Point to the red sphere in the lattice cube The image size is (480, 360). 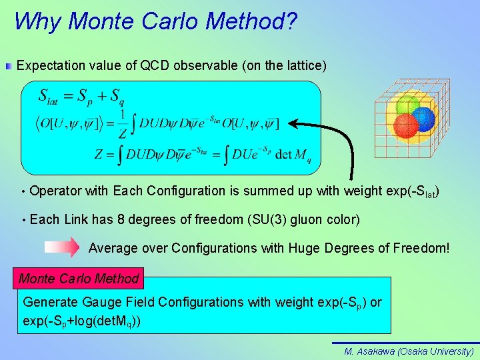[x=405, y=125]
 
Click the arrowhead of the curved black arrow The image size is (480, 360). [x=293, y=124]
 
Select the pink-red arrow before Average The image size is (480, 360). [x=62, y=248]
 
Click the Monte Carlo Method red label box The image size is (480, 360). [x=79, y=279]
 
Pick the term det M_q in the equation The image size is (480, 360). [x=293, y=155]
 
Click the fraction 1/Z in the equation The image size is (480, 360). [x=123, y=124]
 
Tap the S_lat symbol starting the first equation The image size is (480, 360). [x=49, y=97]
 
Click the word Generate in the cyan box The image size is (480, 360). [x=50, y=302]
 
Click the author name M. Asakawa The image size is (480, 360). [x=369, y=351]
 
